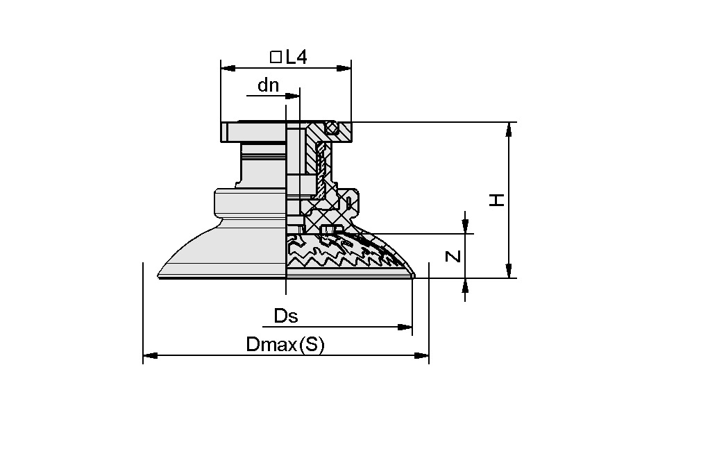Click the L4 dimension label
click(296, 58)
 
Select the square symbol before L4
click(276, 58)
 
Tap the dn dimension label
click(268, 85)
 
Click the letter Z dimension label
click(453, 256)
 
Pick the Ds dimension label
click(285, 316)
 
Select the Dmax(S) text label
click(285, 345)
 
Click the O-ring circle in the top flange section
click(334, 128)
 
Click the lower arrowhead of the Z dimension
click(466, 285)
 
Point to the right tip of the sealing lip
click(414, 277)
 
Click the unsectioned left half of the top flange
click(253, 131)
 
